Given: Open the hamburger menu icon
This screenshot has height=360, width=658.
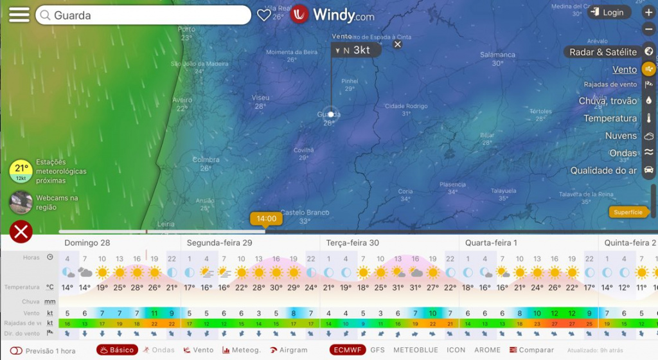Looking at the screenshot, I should tap(19, 15).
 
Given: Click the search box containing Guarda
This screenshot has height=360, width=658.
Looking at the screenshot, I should tap(143, 15).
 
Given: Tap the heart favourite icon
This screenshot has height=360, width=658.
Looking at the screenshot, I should tap(263, 14).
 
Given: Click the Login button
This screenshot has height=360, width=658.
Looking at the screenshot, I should tap(607, 12).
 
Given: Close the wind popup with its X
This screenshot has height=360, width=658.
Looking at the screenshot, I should tap(398, 44).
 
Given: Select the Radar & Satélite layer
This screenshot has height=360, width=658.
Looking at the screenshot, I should tap(603, 52).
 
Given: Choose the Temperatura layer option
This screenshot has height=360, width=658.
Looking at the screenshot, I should tap(610, 118).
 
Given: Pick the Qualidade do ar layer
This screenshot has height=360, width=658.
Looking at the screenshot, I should tap(603, 170).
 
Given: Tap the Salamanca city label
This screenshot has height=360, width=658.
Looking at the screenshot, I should tap(497, 55).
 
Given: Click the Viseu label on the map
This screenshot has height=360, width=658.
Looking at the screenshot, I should tap(260, 98).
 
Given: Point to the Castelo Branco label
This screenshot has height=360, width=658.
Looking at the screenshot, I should tap(305, 212).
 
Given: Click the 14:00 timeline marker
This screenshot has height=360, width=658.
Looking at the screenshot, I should tap(267, 219).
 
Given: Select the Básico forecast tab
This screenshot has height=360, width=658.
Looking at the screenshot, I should tap(118, 350).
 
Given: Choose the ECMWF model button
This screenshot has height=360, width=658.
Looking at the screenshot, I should tap(347, 350).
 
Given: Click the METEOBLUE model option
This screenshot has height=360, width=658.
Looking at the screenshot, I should tap(415, 350).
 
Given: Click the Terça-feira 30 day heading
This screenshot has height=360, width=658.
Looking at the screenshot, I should tap(352, 243).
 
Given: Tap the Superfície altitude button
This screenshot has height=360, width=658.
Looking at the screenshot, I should tap(628, 212).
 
